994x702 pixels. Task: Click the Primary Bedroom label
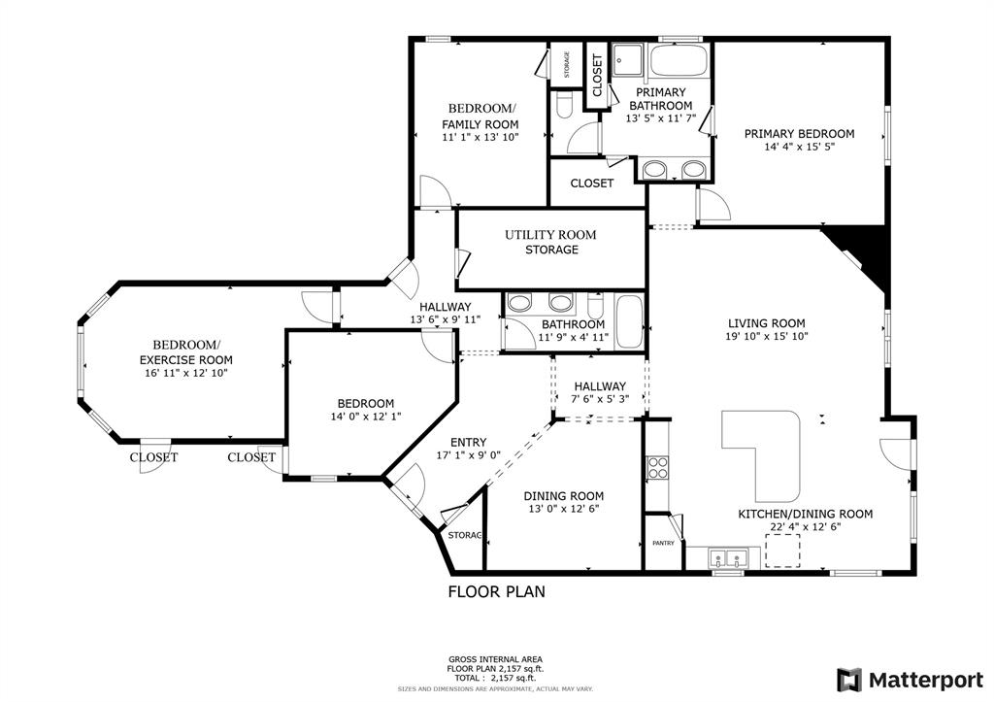(x=799, y=134)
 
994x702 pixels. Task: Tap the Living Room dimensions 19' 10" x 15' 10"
(x=767, y=337)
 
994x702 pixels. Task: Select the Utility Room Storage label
(x=551, y=242)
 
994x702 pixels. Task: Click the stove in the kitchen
(x=657, y=467)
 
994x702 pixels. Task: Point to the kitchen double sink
(x=727, y=558)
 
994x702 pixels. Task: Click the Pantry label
(x=663, y=544)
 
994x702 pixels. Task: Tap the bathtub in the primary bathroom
(x=678, y=61)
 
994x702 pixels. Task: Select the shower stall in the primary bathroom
(x=628, y=61)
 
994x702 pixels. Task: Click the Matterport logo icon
(x=849, y=681)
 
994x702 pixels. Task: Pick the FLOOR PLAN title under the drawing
(x=496, y=591)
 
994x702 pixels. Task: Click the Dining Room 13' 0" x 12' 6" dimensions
(x=564, y=509)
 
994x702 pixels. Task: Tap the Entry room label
(x=469, y=442)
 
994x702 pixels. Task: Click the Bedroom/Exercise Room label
(x=186, y=351)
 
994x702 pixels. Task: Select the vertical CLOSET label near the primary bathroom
(x=597, y=76)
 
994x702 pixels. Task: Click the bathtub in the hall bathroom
(x=629, y=321)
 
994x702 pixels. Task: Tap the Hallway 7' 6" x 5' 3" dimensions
(x=600, y=399)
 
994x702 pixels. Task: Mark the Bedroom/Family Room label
(x=480, y=117)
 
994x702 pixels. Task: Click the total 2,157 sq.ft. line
(x=495, y=678)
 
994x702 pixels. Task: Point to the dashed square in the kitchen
(x=782, y=551)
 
